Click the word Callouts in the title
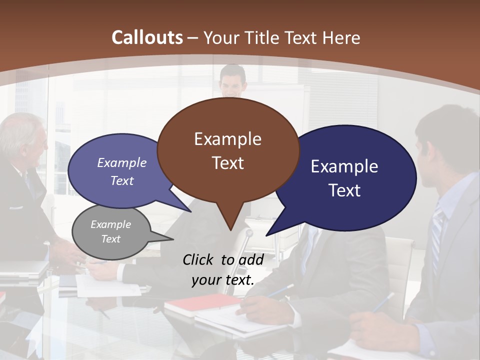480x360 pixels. pyautogui.click(x=147, y=37)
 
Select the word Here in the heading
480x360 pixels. pyautogui.click(x=341, y=37)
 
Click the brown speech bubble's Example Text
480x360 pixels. pyautogui.click(x=228, y=151)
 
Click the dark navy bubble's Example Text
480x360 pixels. pyautogui.click(x=344, y=178)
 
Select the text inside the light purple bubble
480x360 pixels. pyautogui.click(x=122, y=171)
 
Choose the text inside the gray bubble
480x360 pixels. pyautogui.click(x=111, y=231)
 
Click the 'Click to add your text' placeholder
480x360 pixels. pyautogui.click(x=223, y=270)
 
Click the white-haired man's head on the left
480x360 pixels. pyautogui.click(x=22, y=137)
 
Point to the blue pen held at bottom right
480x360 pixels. pyautogui.click(x=382, y=302)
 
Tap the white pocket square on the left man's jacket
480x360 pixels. pyautogui.click(x=16, y=207)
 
